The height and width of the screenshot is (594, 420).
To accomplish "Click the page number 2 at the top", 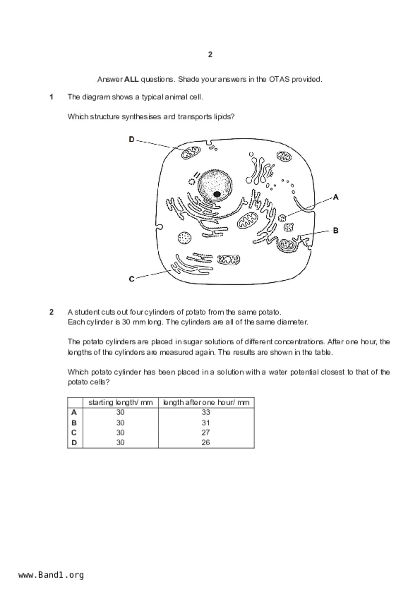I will click(x=210, y=55).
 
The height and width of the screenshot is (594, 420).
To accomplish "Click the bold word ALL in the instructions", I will click(x=132, y=80).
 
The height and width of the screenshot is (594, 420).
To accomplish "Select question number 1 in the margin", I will click(x=52, y=97).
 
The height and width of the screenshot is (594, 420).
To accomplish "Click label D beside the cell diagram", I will click(x=132, y=139).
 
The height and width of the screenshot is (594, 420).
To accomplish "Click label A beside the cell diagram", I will click(x=336, y=197).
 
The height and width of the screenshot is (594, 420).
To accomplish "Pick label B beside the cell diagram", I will click(x=336, y=231).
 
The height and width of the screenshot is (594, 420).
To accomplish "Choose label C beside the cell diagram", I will click(x=132, y=279).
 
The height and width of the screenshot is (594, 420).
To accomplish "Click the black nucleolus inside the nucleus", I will click(x=217, y=194).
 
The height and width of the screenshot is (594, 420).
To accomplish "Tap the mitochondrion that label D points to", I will click(x=191, y=152).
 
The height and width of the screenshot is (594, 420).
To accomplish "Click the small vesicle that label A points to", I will click(x=282, y=218).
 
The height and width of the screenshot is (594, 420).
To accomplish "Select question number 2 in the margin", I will click(x=52, y=312).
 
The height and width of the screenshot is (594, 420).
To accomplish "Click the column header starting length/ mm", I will click(x=120, y=402).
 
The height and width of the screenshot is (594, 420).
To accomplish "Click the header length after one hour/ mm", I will click(x=206, y=402).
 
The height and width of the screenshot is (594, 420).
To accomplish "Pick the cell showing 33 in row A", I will click(x=206, y=412).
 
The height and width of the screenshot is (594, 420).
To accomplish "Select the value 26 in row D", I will click(x=206, y=442).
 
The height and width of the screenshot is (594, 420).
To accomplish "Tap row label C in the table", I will click(x=74, y=432).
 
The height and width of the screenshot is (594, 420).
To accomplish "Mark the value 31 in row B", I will click(x=206, y=423).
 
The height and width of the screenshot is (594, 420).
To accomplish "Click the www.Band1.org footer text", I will click(x=51, y=575).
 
